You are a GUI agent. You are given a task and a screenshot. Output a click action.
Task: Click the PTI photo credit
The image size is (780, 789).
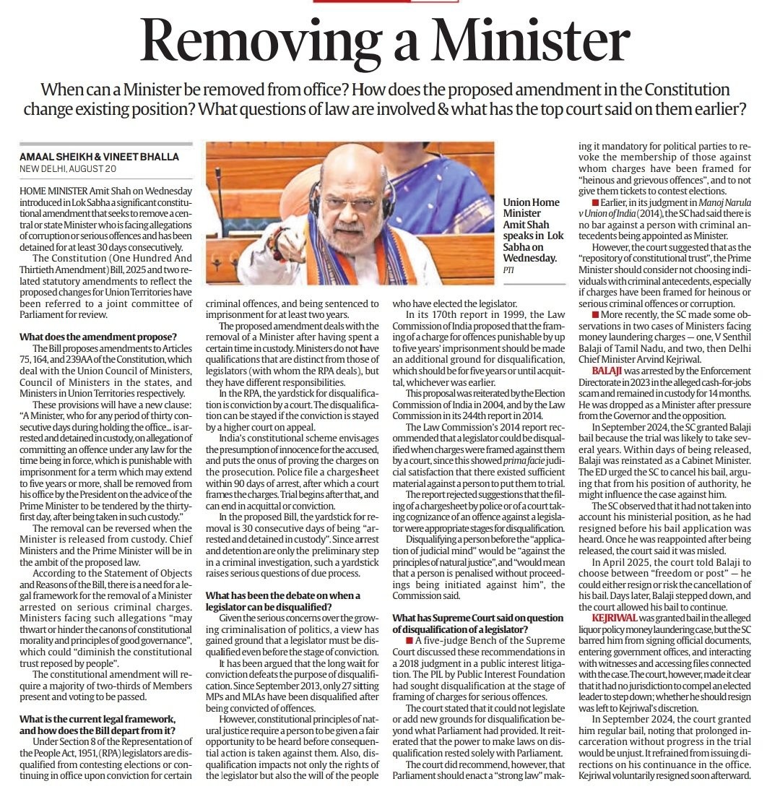point(510,270)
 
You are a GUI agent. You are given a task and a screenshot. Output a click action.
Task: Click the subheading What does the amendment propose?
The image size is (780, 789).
point(87,337)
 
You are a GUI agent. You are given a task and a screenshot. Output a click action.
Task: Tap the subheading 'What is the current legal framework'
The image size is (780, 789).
point(97,720)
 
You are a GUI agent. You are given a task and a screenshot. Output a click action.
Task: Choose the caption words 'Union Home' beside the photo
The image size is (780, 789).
point(532,203)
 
